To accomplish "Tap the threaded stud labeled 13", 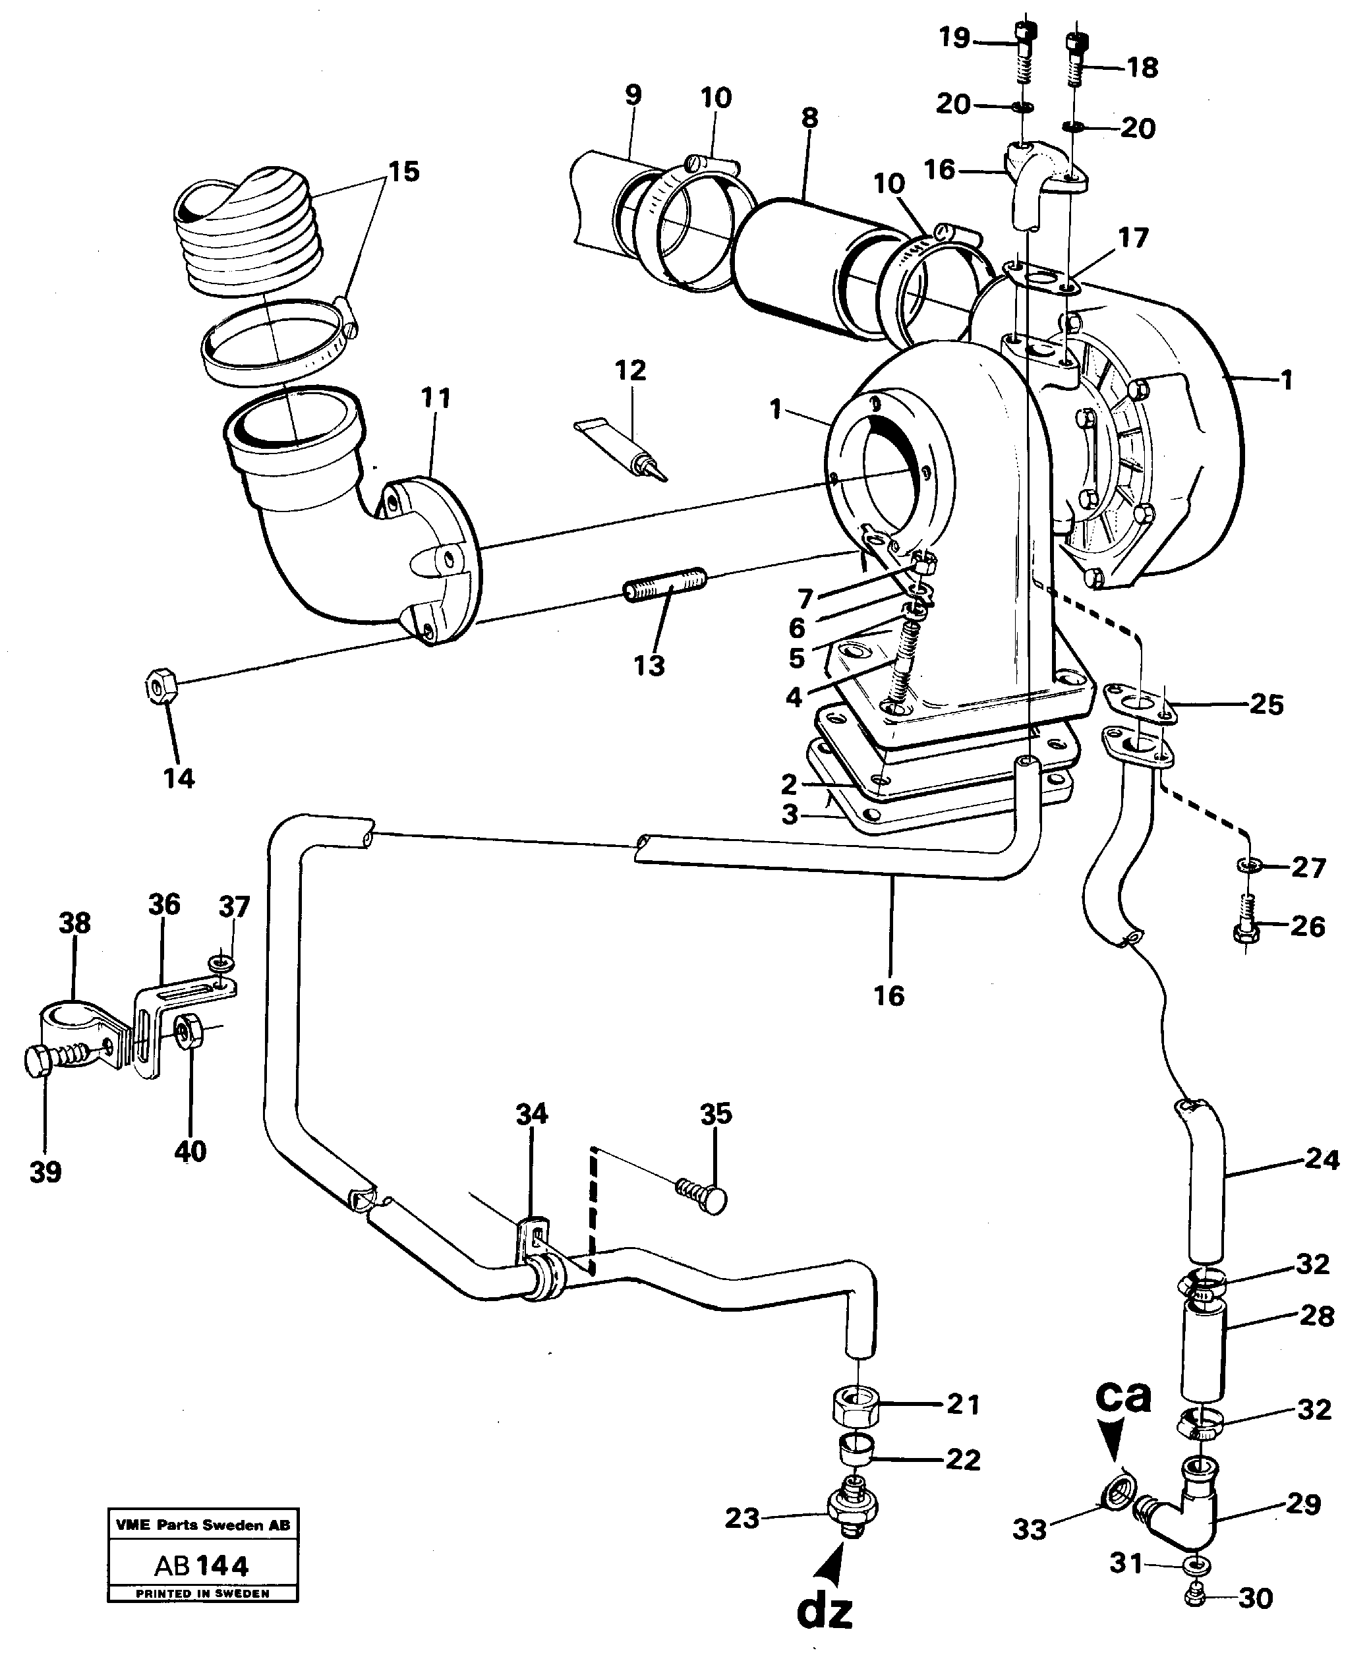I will click(666, 583).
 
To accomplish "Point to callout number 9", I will click(633, 95).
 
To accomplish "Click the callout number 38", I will click(75, 923).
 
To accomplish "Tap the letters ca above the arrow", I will click(1123, 1395).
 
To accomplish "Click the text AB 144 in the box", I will click(202, 1565).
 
